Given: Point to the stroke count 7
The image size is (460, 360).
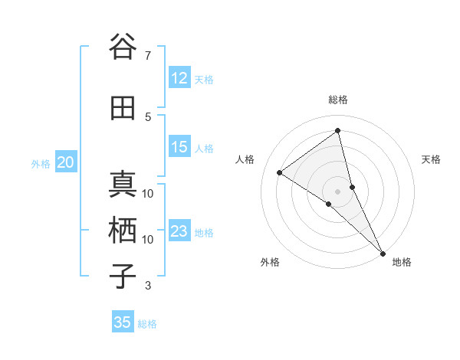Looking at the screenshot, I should pyautogui.click(x=147, y=55).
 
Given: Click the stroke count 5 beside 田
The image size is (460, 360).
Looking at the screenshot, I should pyautogui.click(x=147, y=116).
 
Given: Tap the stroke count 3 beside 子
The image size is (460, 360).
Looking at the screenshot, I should pyautogui.click(x=147, y=286).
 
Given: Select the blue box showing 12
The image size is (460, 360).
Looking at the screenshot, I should pyautogui.click(x=179, y=78).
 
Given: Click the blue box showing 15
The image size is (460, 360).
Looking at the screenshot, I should pyautogui.click(x=179, y=147).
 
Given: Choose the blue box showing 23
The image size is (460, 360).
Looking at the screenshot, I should pyautogui.click(x=179, y=231).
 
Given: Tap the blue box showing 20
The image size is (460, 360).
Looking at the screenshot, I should pyautogui.click(x=66, y=162).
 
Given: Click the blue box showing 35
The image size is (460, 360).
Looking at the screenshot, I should pyautogui.click(x=123, y=322).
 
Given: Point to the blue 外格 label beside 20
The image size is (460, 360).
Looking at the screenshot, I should pyautogui.click(x=41, y=163).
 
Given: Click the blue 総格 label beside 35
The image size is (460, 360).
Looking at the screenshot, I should pyautogui.click(x=147, y=323).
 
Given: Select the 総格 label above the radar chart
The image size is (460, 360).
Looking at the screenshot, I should pyautogui.click(x=338, y=100).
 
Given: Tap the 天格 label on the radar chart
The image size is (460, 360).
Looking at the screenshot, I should pyautogui.click(x=432, y=159).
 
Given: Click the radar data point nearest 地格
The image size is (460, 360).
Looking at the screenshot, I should pyautogui.click(x=383, y=253).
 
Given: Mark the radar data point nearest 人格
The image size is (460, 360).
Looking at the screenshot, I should pyautogui.click(x=280, y=172).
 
